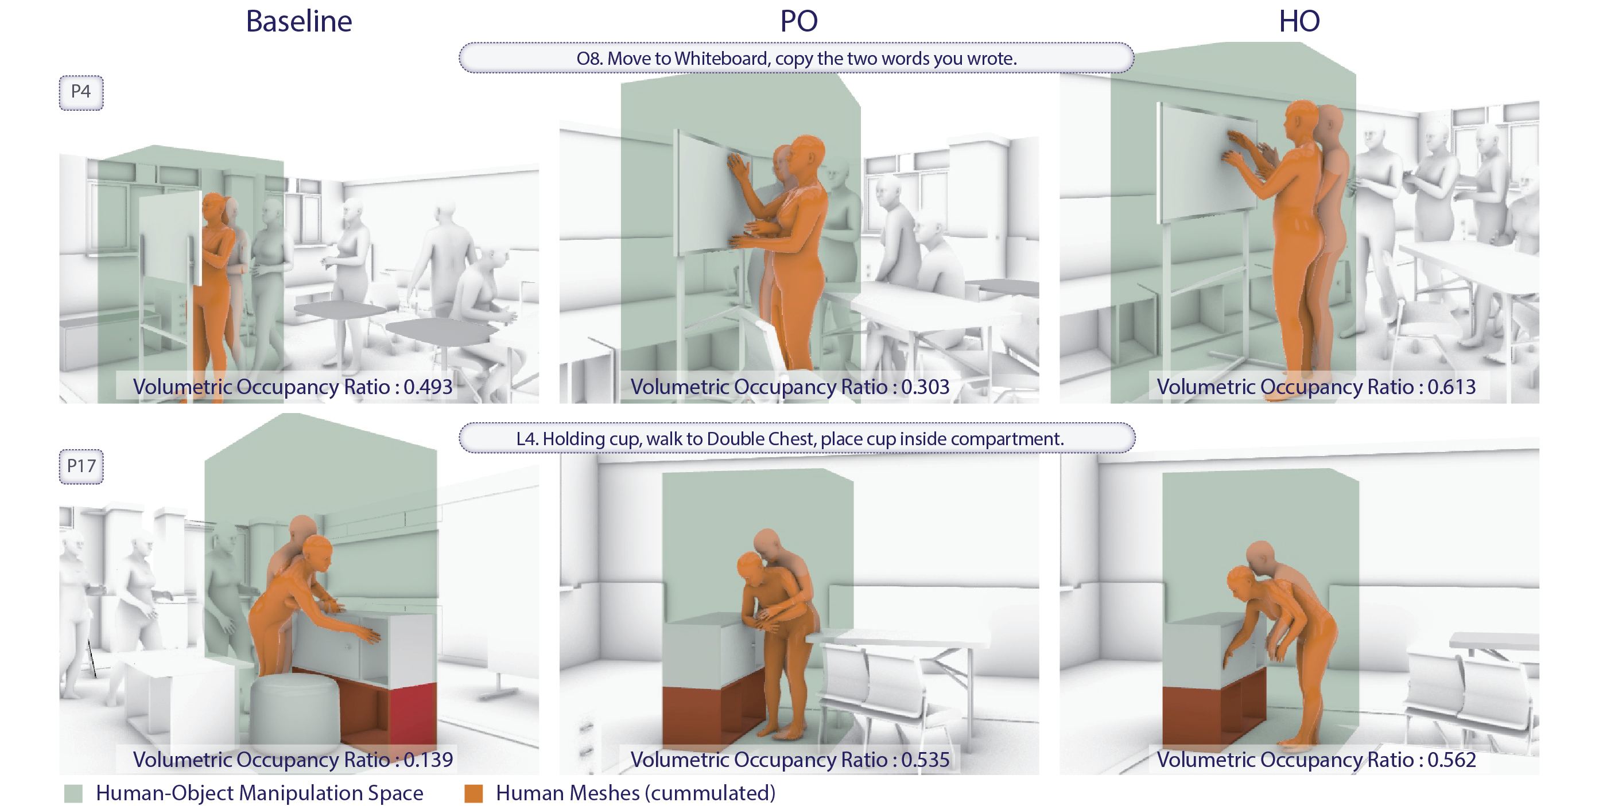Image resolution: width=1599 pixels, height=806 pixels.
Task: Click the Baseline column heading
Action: click(x=298, y=21)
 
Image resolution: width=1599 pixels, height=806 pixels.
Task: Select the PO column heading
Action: click(x=799, y=21)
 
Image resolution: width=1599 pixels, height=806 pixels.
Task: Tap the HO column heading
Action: click(x=1299, y=21)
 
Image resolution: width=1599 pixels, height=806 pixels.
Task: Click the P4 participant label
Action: click(x=81, y=92)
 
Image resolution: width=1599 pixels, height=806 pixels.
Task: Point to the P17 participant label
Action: click(x=81, y=466)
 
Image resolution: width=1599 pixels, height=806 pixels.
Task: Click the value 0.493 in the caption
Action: click(x=428, y=387)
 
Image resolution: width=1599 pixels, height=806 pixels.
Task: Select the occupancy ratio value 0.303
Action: click(x=925, y=387)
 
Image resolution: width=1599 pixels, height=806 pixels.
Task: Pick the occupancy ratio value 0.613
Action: click(x=1451, y=387)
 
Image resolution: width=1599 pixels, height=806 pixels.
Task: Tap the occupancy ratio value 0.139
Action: click(x=428, y=760)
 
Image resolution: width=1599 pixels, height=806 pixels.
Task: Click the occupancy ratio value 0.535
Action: click(x=925, y=760)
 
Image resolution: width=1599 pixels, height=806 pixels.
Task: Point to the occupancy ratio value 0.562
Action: click(x=1451, y=760)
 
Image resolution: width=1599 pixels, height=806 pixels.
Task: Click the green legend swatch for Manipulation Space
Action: click(x=73, y=793)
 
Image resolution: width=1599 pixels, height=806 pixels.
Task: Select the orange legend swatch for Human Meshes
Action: click(x=474, y=793)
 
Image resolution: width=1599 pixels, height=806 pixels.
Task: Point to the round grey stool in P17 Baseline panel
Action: click(x=296, y=707)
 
